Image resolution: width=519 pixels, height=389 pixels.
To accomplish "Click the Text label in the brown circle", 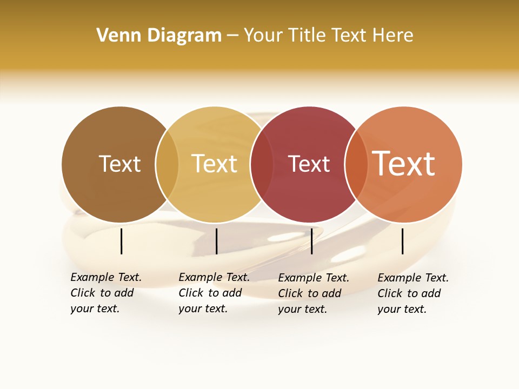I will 119,164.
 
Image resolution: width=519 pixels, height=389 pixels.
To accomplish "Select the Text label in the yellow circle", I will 214,164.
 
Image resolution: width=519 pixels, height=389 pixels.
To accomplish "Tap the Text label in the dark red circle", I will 309,164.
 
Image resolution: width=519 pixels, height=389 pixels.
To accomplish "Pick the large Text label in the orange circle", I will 404,164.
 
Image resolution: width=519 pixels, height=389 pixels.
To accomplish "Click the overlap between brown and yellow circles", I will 167,164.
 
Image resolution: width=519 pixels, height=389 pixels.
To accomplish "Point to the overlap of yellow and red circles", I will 262,164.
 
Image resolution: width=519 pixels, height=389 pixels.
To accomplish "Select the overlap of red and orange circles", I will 356,164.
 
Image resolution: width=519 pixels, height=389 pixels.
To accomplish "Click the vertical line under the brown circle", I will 122,241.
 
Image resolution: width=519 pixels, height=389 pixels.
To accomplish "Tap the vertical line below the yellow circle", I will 216,241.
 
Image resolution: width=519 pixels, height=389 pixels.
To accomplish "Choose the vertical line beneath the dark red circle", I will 311,241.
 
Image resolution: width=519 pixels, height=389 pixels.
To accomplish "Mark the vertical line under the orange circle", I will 403,241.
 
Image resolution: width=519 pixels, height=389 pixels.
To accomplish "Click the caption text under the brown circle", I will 106,293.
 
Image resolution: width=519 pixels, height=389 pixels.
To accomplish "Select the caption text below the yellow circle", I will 214,293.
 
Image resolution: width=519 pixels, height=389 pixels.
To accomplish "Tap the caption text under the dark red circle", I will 314,293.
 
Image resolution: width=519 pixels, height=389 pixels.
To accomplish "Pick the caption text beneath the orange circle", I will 413,293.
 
